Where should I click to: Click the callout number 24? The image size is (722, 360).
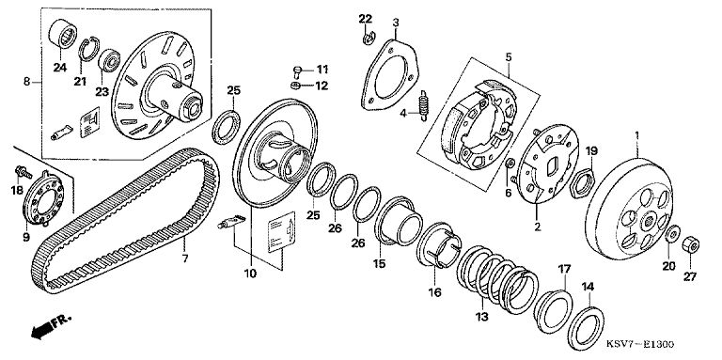pos(59,68)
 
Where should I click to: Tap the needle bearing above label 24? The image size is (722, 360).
pos(63,32)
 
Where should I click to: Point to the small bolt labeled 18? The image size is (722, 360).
pos(23,172)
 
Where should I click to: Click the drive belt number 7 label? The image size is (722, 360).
pos(185,258)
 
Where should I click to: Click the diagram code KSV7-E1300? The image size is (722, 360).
pos(639,344)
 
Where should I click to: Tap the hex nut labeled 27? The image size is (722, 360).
pos(690,244)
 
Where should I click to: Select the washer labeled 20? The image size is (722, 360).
pos(672,234)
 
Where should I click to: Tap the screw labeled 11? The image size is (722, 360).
pos(297,72)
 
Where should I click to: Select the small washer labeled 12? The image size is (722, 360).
pos(296,86)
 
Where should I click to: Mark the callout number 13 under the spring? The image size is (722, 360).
pos(481,317)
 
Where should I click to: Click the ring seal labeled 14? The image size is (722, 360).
pos(586,328)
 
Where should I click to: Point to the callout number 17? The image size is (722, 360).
pos(564,269)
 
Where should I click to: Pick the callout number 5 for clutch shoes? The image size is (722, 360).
pos(509,57)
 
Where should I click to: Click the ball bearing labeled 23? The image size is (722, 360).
pos(110,60)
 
